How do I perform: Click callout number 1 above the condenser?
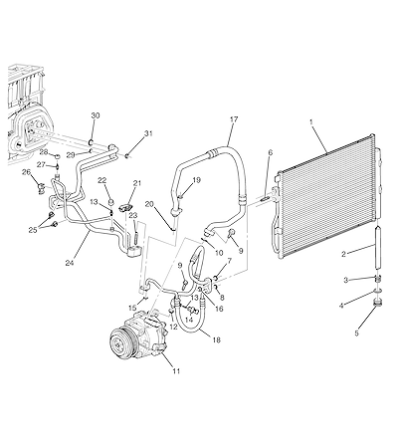click(x=311, y=122)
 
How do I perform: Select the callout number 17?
click(x=234, y=119)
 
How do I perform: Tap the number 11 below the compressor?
click(x=176, y=371)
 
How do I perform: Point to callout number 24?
click(x=70, y=263)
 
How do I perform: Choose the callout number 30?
click(x=96, y=115)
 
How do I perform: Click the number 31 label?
click(x=148, y=133)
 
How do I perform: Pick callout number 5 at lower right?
click(x=357, y=333)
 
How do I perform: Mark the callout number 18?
click(x=217, y=339)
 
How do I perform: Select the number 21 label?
click(x=137, y=183)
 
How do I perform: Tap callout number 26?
click(x=26, y=172)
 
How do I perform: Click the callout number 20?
click(x=149, y=204)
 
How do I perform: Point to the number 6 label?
click(x=271, y=152)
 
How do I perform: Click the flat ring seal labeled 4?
click(x=377, y=291)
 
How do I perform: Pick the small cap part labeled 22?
click(x=111, y=201)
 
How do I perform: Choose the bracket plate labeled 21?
click(x=125, y=207)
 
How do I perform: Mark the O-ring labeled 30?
click(x=91, y=143)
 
